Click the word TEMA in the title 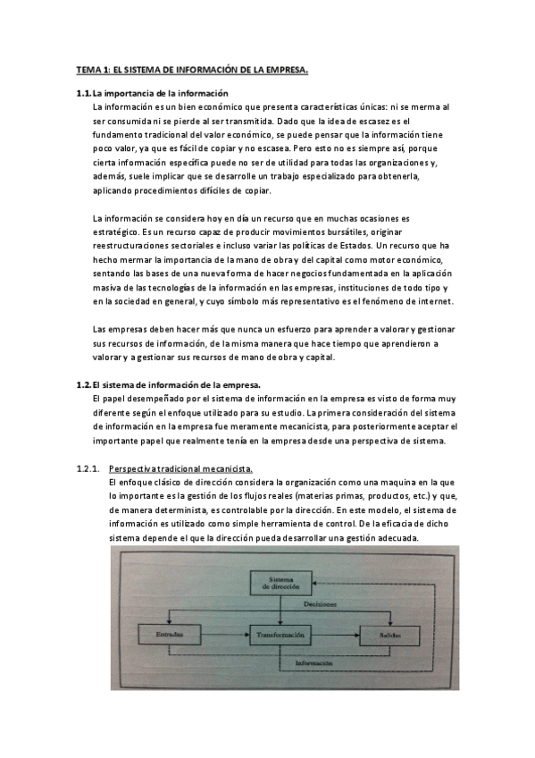point(87,69)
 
